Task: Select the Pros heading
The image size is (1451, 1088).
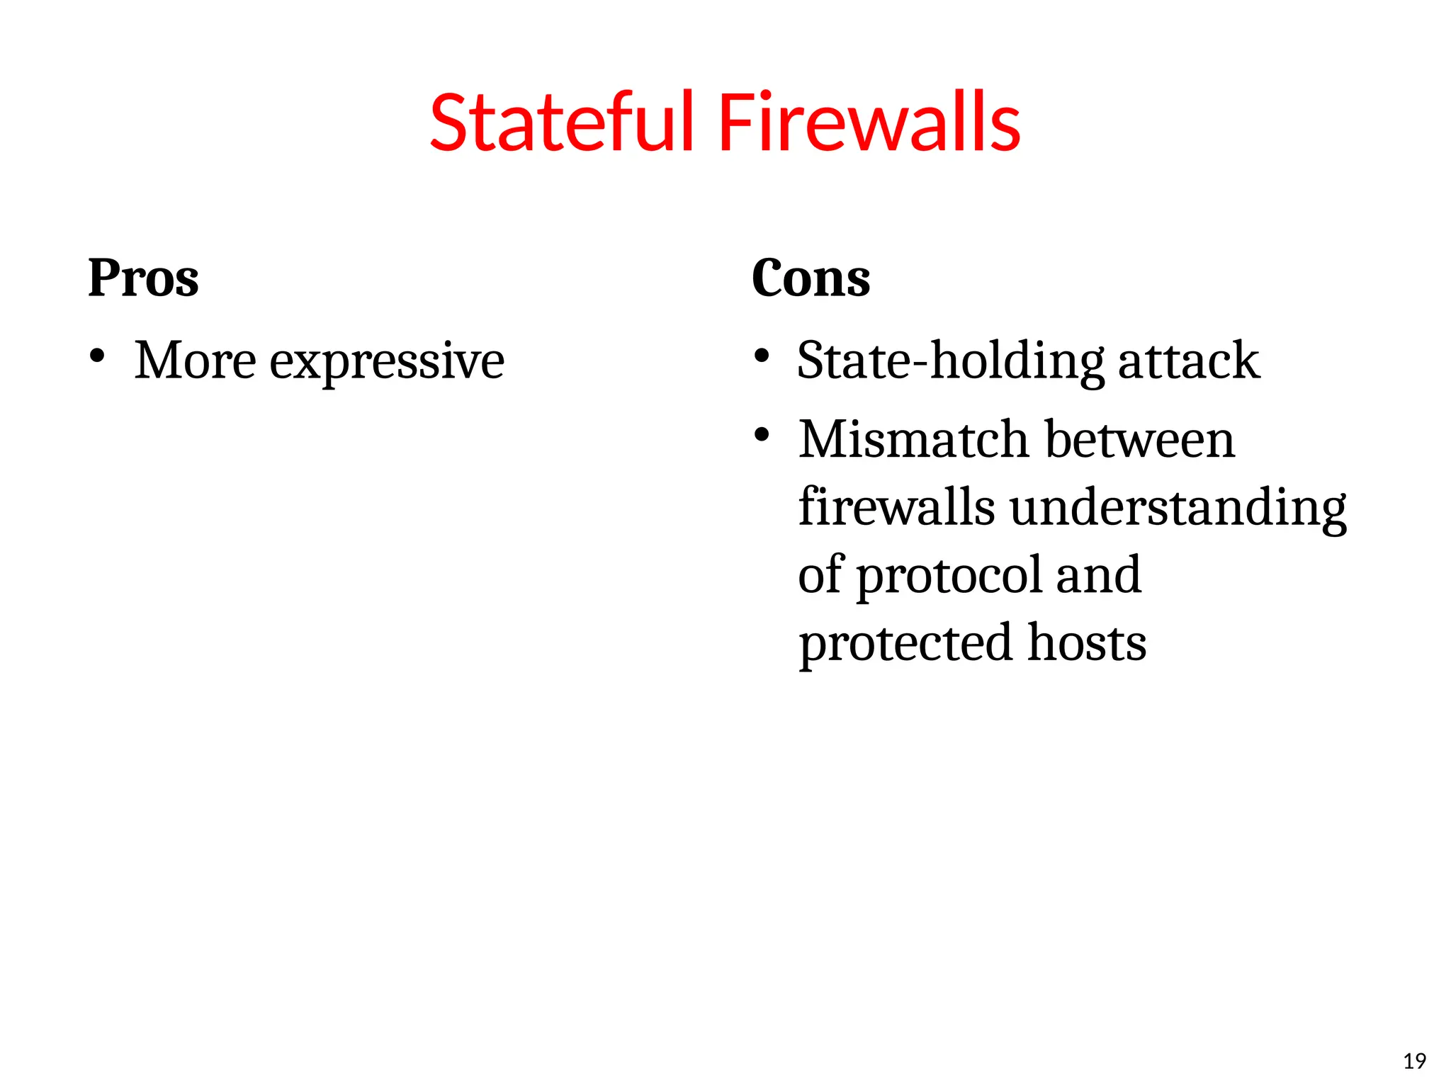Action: [143, 278]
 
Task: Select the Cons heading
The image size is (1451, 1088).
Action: [811, 278]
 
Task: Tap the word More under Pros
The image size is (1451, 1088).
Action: [195, 361]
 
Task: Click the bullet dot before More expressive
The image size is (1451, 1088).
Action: [98, 356]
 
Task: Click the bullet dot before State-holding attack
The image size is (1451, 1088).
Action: [762, 356]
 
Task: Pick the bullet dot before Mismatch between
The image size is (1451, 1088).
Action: [762, 434]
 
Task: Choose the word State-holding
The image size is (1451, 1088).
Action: [950, 361]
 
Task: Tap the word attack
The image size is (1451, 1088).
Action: [1189, 361]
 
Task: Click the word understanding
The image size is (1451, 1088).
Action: [1178, 509]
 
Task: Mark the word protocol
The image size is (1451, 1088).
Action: [949, 576]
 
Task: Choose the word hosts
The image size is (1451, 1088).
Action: [1087, 642]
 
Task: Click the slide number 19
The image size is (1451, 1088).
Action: [1414, 1061]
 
